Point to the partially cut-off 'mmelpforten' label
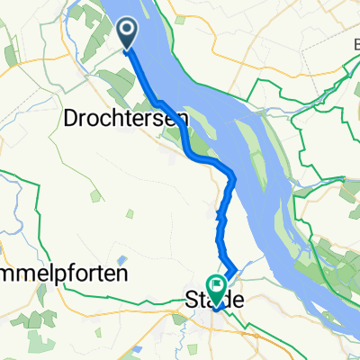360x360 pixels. point(63,272)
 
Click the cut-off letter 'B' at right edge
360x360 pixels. point(355,42)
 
